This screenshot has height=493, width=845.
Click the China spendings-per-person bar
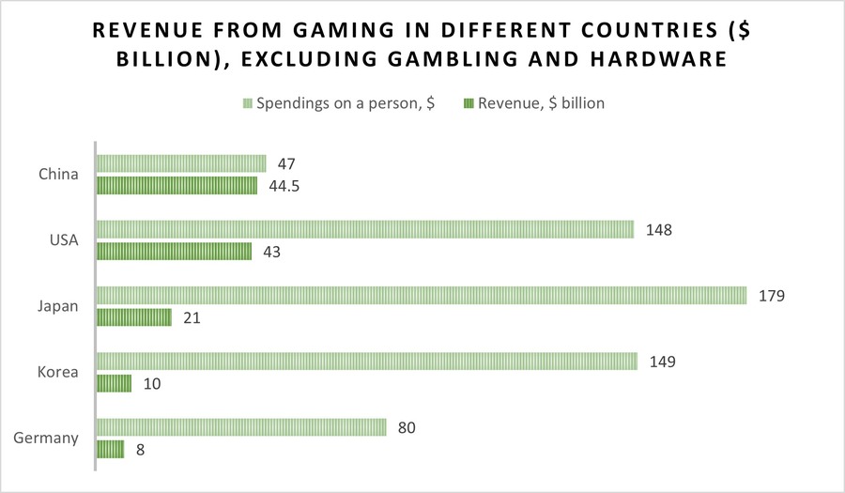181,163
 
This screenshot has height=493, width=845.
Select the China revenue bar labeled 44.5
177,185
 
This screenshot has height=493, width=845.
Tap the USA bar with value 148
365,229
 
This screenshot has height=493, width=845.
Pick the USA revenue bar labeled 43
174,251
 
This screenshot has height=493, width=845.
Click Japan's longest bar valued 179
422,295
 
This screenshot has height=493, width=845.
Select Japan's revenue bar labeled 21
134,317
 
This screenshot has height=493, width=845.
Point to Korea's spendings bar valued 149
367,361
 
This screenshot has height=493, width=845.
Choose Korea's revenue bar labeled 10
114,383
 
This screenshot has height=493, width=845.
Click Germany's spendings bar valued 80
241,427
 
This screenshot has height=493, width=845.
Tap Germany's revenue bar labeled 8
110,449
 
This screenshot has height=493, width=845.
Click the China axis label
58,175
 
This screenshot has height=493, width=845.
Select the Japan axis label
58,306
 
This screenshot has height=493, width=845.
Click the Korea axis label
58,372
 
